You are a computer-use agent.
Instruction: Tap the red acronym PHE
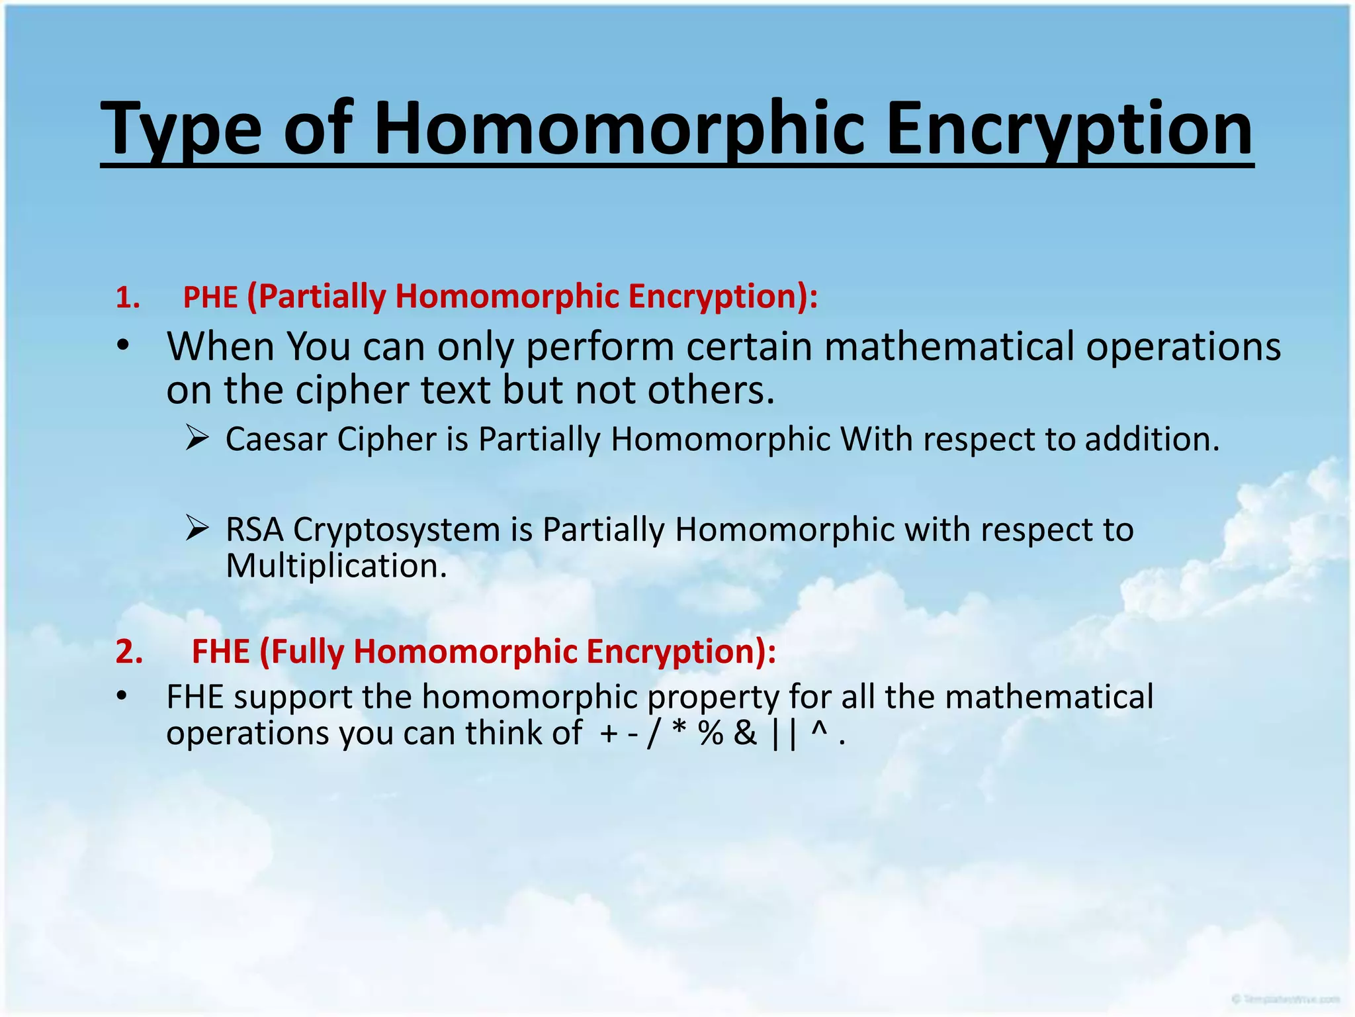tap(210, 297)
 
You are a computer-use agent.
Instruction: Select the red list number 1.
tap(127, 298)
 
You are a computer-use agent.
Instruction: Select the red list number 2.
tap(129, 652)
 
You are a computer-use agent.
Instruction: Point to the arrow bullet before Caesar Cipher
tap(197, 438)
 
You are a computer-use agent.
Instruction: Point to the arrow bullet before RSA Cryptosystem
tap(197, 528)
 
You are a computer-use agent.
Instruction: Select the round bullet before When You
tap(122, 346)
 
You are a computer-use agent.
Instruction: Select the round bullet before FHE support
tap(121, 696)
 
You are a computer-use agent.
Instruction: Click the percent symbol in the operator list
tap(711, 734)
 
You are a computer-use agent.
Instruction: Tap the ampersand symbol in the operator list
tap(745, 734)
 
